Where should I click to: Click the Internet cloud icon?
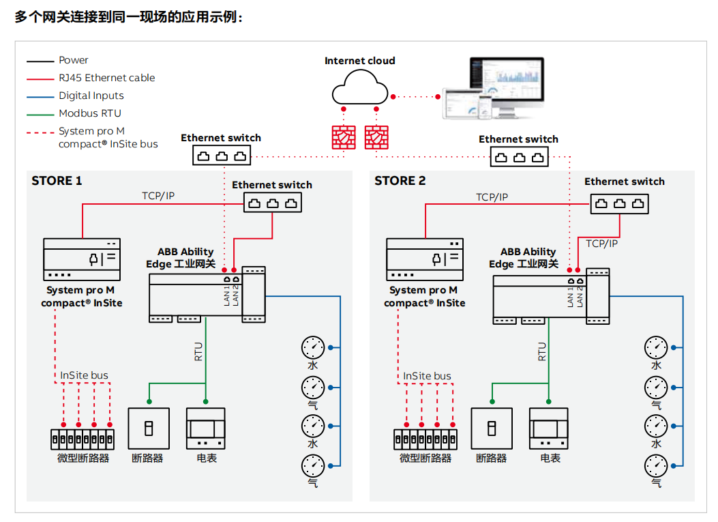point(359,88)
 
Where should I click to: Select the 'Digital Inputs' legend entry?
point(91,96)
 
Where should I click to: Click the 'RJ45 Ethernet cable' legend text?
point(107,78)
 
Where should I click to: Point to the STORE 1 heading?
point(57,181)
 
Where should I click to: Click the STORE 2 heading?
point(400,181)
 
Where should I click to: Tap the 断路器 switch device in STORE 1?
point(148,429)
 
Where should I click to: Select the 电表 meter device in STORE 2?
point(548,428)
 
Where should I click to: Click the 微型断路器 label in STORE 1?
point(83,458)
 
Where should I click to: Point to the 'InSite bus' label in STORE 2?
point(427,376)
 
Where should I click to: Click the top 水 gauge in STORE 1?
point(313,347)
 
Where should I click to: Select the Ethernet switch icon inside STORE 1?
point(273,203)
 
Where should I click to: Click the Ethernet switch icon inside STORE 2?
point(620,203)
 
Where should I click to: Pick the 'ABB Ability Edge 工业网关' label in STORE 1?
point(181,258)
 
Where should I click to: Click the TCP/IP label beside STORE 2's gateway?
point(602,243)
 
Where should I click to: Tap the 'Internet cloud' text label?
point(359,61)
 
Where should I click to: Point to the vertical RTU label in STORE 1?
point(198,351)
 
